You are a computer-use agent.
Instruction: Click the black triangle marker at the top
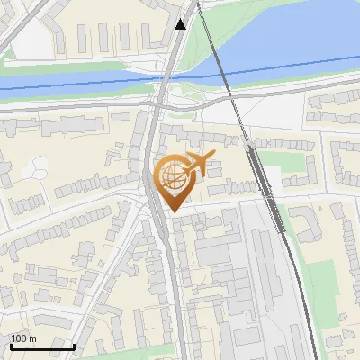pyautogui.click(x=181, y=23)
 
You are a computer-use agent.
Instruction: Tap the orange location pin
pyautogui.click(x=174, y=184)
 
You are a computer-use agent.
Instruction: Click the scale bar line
pyautogui.click(x=42, y=346)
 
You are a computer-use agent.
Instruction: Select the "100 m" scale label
pyautogui.click(x=23, y=338)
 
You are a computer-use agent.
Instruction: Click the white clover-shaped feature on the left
pyautogui.click(x=38, y=167)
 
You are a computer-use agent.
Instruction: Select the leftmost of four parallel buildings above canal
pyautogui.click(x=82, y=38)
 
